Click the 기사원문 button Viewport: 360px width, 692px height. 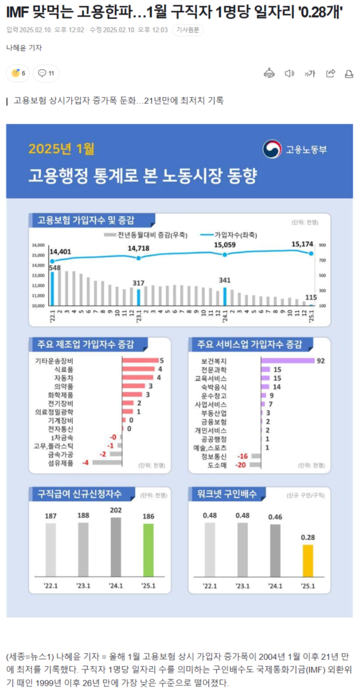coord(188,30)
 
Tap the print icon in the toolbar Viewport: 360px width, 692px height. coord(349,74)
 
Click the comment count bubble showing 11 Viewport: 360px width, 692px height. coord(46,74)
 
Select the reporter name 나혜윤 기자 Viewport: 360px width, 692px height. coord(24,48)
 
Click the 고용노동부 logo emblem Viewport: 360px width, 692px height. coord(272,149)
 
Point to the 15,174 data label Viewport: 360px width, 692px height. coord(304,244)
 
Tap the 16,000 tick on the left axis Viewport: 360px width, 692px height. coord(39,245)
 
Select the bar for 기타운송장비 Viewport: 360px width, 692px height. coord(140,361)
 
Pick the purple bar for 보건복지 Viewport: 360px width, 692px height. coord(287,361)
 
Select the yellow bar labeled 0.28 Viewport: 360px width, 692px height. coord(308,560)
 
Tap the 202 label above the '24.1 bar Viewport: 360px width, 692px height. coord(116,510)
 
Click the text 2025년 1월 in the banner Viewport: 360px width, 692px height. coord(62,149)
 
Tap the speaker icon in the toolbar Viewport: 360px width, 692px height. coord(290,74)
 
